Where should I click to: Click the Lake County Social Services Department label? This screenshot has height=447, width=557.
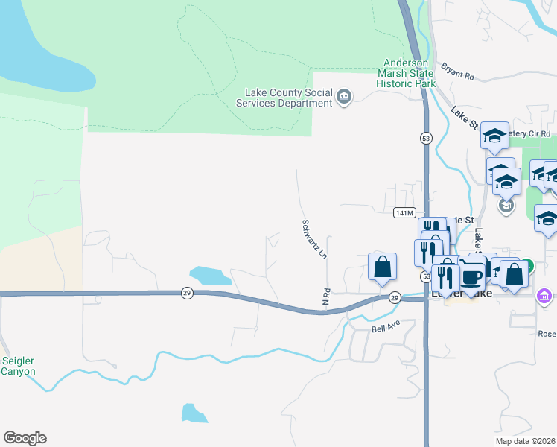pos(289,98)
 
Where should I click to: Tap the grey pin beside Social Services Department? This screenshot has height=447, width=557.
pos(344,96)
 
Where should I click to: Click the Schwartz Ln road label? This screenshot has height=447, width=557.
pos(313,238)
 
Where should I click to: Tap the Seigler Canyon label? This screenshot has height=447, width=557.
pos(18,366)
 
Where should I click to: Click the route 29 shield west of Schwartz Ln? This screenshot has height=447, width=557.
pos(187,294)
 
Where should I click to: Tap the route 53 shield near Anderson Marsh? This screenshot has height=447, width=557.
pos(425,138)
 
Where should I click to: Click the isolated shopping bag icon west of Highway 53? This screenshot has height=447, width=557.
pos(382,267)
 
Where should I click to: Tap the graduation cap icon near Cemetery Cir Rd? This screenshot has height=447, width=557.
pos(494,136)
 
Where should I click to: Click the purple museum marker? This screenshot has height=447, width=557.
pos(544,297)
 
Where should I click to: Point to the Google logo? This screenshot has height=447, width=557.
pos(25,437)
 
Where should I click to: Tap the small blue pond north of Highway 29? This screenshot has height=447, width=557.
pos(211,275)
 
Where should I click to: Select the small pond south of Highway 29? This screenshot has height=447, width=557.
pos(194,413)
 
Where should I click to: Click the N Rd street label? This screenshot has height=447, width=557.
pos(325,297)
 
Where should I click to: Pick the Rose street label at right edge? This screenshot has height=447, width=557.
pos(547,333)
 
